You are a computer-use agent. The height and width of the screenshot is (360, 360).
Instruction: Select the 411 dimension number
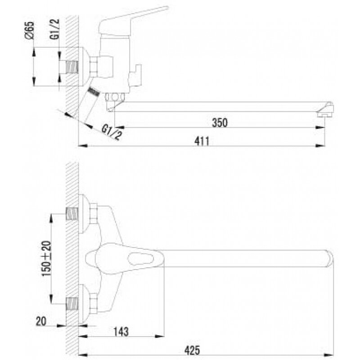pyautogui.click(x=202, y=140)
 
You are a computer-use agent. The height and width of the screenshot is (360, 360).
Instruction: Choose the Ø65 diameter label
pyautogui.click(x=29, y=32)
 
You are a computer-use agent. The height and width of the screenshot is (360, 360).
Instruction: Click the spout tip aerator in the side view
pyautogui.click(x=325, y=113)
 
